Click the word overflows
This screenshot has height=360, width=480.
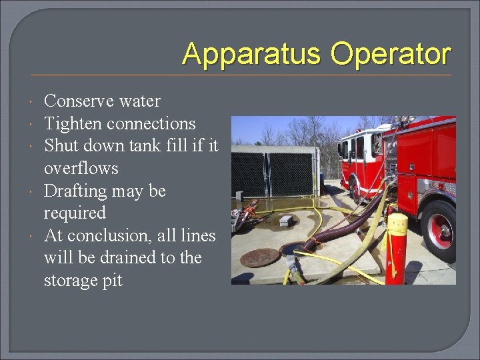pyautogui.click(x=81, y=169)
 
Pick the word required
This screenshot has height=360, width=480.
pyautogui.click(x=75, y=213)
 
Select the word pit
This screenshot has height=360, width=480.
pyautogui.click(x=112, y=281)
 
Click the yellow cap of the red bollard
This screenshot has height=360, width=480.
pyautogui.click(x=397, y=223)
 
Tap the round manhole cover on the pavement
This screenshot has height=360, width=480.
pyautogui.click(x=259, y=258)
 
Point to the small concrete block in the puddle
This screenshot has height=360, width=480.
pyautogui.click(x=286, y=219)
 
